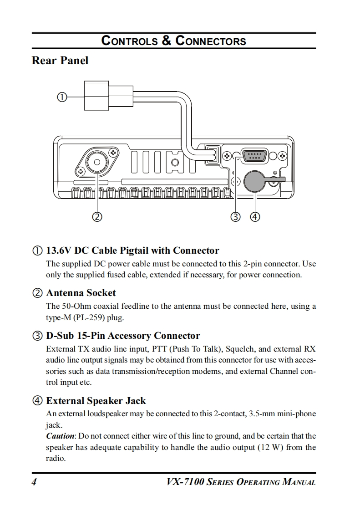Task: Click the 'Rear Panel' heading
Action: pyautogui.click(x=60, y=61)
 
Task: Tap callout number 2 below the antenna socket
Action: pyautogui.click(x=96, y=216)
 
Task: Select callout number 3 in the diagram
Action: pyautogui.click(x=235, y=216)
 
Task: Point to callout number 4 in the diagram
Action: pyautogui.click(x=255, y=216)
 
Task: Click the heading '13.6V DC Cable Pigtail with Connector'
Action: pyautogui.click(x=132, y=250)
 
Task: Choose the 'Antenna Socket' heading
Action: pyautogui.click(x=81, y=293)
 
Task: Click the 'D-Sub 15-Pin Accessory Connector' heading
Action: pyautogui.click(x=123, y=336)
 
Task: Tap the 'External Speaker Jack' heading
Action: pyautogui.click(x=96, y=401)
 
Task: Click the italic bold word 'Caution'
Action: pyautogui.click(x=61, y=436)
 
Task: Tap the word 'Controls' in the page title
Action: pyautogui.click(x=129, y=41)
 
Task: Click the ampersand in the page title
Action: pyautogui.click(x=167, y=41)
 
